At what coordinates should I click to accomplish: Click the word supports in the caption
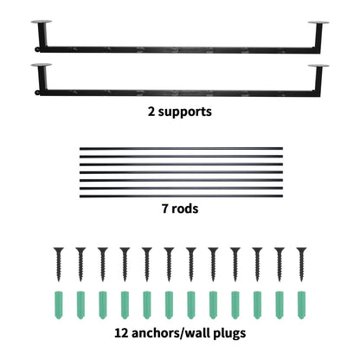click(x=185, y=112)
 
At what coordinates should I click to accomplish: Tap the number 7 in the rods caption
click(x=164, y=209)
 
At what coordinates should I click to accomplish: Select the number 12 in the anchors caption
click(x=121, y=333)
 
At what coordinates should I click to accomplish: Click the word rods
click(x=185, y=209)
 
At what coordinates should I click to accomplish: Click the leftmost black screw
click(x=59, y=264)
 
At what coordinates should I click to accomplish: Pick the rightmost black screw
click(x=301, y=264)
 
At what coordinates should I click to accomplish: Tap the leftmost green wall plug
click(x=59, y=305)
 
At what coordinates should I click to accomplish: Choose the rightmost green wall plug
click(x=301, y=305)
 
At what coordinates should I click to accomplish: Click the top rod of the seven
click(x=181, y=149)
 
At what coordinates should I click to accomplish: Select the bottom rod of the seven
click(x=181, y=196)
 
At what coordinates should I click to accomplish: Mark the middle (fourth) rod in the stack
click(x=181, y=172)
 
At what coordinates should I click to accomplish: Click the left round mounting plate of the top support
click(x=42, y=22)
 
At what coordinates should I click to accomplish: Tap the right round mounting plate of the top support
click(x=318, y=22)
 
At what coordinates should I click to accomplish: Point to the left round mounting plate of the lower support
click(x=42, y=65)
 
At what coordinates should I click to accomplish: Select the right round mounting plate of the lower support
click(x=318, y=66)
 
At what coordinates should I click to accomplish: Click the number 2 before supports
click(x=151, y=112)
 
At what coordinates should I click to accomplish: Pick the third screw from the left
click(x=103, y=264)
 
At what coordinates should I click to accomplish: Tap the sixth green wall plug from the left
click(x=169, y=305)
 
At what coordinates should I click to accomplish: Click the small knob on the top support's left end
click(x=37, y=49)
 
